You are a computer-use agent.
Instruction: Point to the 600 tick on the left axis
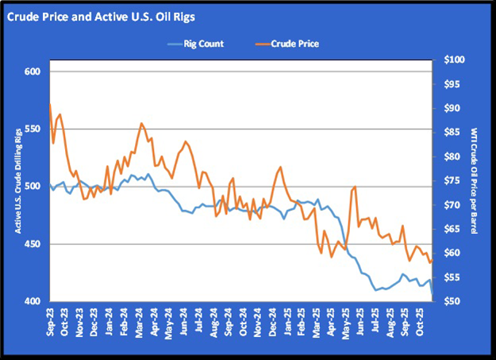click(x=34, y=72)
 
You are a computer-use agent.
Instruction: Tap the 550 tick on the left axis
click(x=34, y=129)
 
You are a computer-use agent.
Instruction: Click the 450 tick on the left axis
click(x=34, y=244)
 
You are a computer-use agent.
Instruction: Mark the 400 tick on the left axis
click(x=34, y=302)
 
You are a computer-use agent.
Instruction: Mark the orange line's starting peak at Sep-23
click(x=50, y=104)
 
